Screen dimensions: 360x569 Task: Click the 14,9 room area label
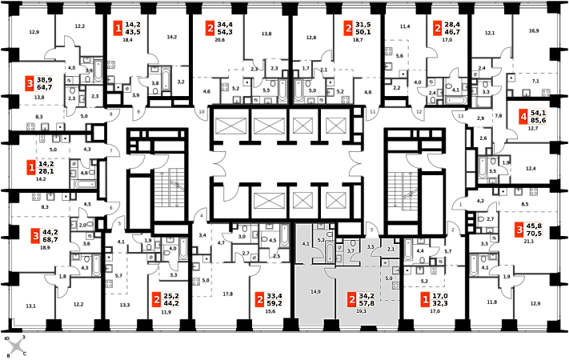click(316, 292)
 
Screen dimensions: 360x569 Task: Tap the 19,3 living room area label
click(360, 310)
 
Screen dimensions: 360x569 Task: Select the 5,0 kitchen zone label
click(389, 278)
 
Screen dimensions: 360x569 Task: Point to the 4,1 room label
click(305, 243)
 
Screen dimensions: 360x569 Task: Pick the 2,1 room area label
click(391, 250)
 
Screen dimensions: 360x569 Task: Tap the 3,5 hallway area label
click(370, 247)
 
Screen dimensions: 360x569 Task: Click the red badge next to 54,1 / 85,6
click(523, 118)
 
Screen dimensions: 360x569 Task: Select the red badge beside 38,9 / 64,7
click(30, 84)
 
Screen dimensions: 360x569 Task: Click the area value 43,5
click(133, 33)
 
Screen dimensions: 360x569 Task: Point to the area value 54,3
click(225, 33)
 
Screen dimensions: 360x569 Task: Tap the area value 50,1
click(363, 33)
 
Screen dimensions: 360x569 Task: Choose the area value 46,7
click(452, 33)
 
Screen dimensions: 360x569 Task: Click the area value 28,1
click(46, 171)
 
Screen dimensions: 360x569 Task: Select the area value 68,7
click(50, 240)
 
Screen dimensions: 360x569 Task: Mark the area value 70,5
click(533, 234)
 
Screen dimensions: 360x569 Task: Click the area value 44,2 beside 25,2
click(171, 304)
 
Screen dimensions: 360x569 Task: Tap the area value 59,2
click(275, 304)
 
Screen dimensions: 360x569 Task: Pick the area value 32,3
click(441, 304)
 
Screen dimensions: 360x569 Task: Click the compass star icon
click(16, 346)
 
